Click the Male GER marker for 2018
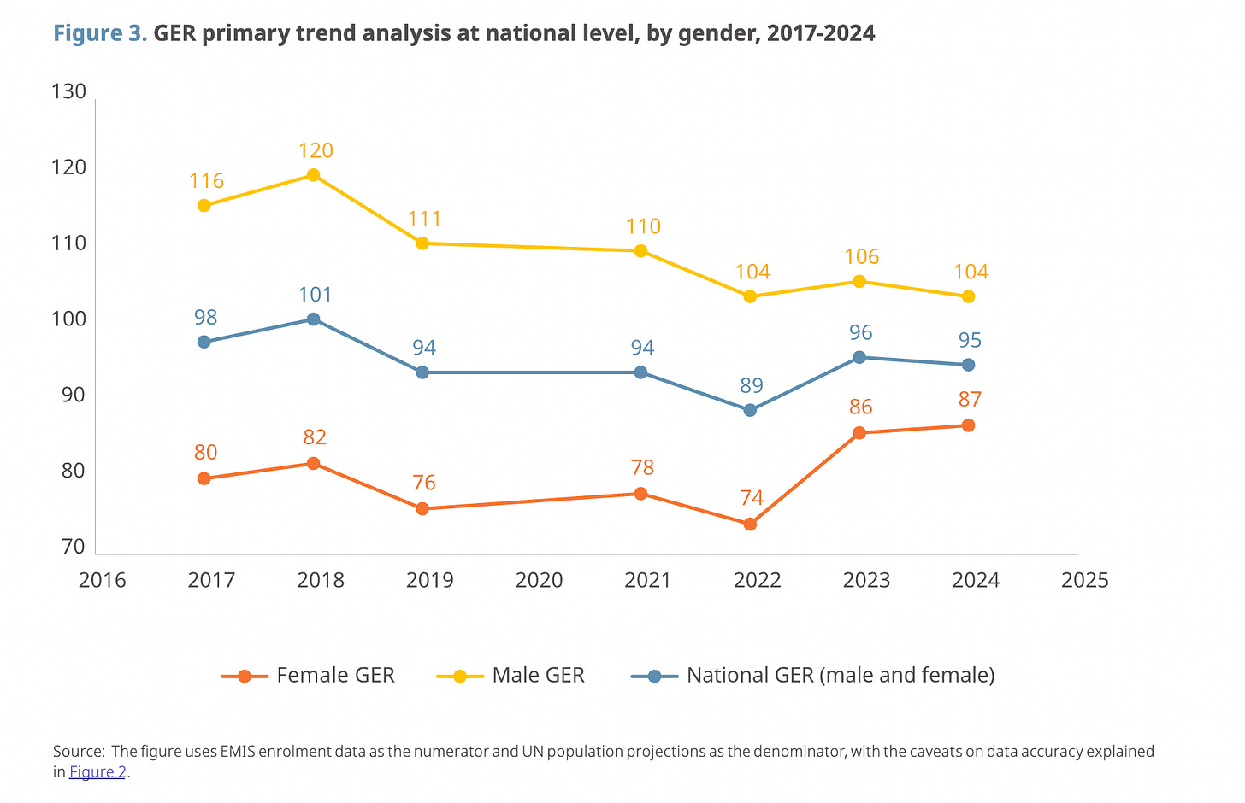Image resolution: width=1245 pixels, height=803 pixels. [x=313, y=175]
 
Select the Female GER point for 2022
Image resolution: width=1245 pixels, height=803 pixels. [x=750, y=524]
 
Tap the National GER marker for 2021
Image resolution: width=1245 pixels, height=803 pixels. [x=640, y=372]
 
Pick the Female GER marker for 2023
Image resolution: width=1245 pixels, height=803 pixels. [x=859, y=433]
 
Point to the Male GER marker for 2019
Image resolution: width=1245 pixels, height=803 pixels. [x=422, y=243]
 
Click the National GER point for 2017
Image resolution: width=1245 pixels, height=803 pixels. [x=204, y=342]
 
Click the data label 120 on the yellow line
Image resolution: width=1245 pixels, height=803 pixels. [x=316, y=151]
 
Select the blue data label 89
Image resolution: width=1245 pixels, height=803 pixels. [x=752, y=386]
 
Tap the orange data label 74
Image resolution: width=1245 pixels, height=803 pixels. [x=752, y=498]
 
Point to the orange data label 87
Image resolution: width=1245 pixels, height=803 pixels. [x=970, y=400]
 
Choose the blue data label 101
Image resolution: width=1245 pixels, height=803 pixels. [x=315, y=296]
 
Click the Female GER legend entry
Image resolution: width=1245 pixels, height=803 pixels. [x=309, y=676]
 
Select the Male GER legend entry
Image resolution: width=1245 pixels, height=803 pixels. [x=511, y=676]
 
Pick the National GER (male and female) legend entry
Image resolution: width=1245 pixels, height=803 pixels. [x=813, y=676]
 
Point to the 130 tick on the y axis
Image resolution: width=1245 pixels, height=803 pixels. [x=68, y=91]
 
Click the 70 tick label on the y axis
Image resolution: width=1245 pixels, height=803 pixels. [x=73, y=547]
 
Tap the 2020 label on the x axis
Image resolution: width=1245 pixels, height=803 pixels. [x=539, y=581]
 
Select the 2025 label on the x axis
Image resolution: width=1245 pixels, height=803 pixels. [x=1084, y=581]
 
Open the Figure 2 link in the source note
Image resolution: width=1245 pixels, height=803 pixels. [x=97, y=772]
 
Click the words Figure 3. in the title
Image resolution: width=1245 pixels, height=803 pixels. [x=100, y=33]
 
